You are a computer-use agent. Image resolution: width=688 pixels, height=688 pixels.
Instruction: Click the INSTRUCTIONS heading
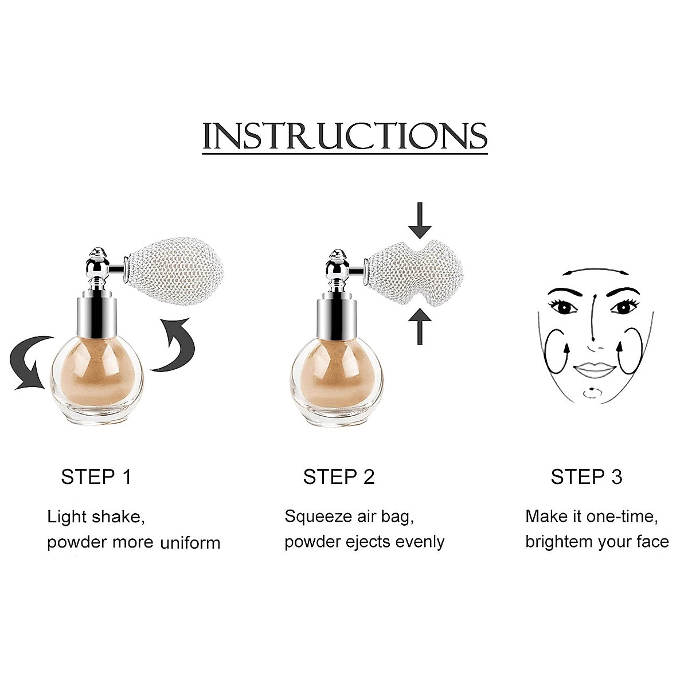345,136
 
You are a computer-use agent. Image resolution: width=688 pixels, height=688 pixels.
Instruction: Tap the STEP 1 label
96,477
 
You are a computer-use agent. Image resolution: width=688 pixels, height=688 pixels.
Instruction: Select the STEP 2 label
338,477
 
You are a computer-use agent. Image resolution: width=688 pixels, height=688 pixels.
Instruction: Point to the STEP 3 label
586,477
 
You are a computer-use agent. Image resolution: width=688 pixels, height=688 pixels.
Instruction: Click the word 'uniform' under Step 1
190,542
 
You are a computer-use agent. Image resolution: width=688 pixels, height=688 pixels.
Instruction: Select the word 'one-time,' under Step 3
623,517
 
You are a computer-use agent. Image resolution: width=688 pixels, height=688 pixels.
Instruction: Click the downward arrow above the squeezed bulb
420,220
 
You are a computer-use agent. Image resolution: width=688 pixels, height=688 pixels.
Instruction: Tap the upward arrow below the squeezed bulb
420,326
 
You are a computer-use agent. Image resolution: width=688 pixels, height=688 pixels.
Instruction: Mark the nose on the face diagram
595,341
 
